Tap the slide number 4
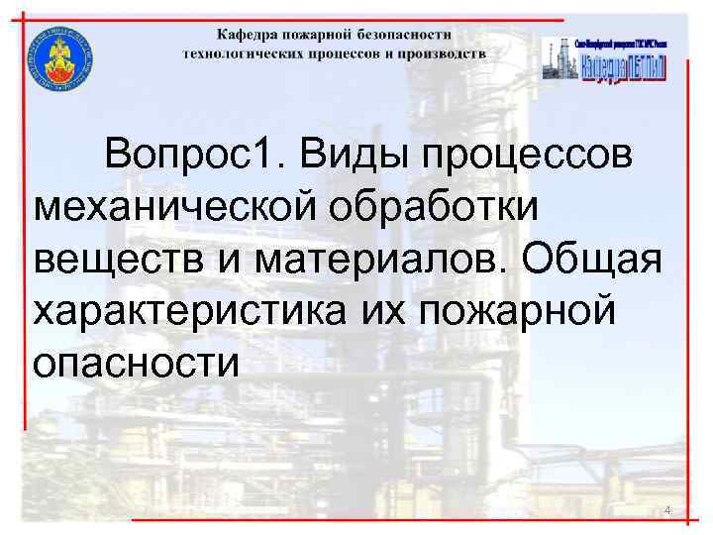pyautogui.click(x=667, y=510)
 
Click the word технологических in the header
pyautogui.click(x=237, y=53)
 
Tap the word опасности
pyautogui.click(x=136, y=364)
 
